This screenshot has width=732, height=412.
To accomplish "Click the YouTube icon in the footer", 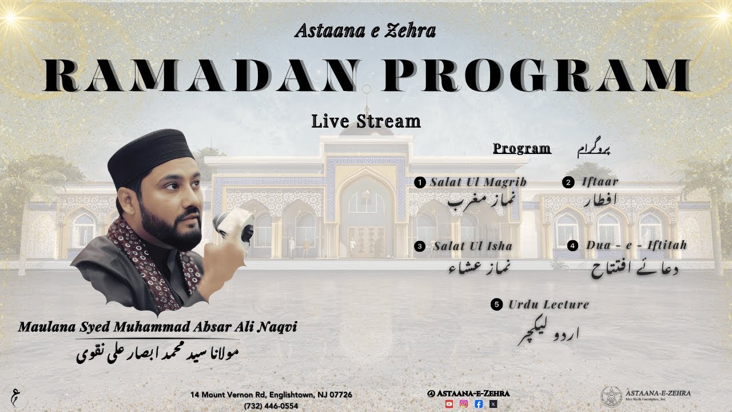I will [x=449, y=403].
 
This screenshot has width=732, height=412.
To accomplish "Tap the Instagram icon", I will [x=464, y=403].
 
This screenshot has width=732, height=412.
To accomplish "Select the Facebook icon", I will [x=479, y=403].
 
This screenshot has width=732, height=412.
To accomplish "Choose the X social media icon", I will [x=493, y=403].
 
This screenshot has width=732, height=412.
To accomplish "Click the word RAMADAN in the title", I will [x=193, y=75].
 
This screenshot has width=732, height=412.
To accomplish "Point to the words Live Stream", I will [x=366, y=121].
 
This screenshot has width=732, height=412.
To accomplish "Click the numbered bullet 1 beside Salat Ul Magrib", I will [x=420, y=183].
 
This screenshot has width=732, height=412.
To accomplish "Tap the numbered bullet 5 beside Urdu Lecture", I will [x=496, y=304].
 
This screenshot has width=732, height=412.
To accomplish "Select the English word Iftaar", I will [x=599, y=183].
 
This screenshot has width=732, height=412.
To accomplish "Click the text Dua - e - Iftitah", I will [x=636, y=245].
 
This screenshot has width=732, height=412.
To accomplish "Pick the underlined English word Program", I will [x=522, y=149].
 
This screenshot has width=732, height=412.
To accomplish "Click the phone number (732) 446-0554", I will [x=271, y=405].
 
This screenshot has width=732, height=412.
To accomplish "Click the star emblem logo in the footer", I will [x=611, y=397].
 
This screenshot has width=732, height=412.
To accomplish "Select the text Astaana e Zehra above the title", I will [x=365, y=30].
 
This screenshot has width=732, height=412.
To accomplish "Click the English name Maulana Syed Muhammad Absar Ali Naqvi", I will [x=157, y=327].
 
